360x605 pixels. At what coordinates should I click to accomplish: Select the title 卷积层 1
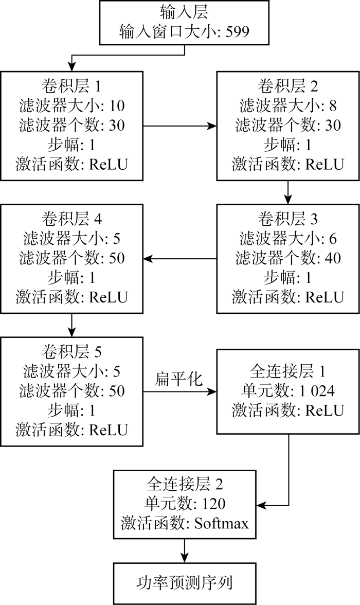click(71, 85)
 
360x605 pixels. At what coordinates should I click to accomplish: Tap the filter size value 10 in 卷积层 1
click(117, 106)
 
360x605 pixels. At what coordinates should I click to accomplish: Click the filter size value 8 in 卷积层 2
click(333, 106)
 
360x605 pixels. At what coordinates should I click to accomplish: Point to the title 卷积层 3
click(287, 219)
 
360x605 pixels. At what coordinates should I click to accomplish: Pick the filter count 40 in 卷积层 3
click(333, 258)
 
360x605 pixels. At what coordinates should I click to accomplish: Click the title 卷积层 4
click(71, 219)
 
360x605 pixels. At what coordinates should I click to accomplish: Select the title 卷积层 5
click(71, 352)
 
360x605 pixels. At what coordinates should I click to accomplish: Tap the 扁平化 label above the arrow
click(178, 379)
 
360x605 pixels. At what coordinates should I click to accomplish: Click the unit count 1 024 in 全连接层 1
click(317, 391)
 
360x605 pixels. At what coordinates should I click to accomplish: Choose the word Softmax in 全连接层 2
click(222, 523)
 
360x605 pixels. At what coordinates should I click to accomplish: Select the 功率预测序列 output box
click(185, 583)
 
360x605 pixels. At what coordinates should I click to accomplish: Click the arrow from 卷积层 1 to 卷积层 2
click(180, 126)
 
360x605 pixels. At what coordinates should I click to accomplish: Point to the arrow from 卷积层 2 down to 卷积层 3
click(288, 192)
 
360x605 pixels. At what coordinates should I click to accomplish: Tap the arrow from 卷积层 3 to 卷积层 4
click(180, 258)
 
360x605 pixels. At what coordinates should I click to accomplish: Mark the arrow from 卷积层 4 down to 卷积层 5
click(72, 325)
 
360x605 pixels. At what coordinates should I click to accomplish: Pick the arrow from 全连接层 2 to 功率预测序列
click(185, 550)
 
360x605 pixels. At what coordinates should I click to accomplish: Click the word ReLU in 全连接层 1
click(325, 411)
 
